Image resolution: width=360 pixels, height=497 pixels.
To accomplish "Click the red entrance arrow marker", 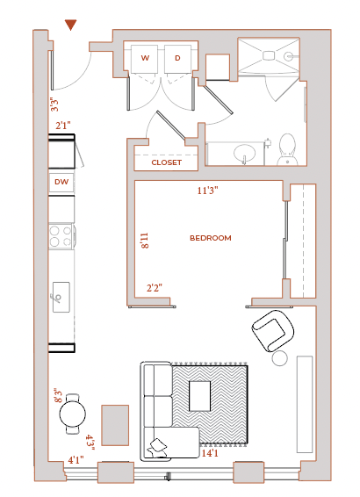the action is pyautogui.click(x=70, y=25).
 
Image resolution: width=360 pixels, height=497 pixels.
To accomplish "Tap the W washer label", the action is pyautogui.click(x=145, y=58).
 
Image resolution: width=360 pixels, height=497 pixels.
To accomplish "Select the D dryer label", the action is pyautogui.click(x=177, y=58).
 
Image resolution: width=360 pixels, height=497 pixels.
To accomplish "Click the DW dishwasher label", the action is pyautogui.click(x=61, y=182).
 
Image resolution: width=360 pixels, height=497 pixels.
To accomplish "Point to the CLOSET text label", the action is pyautogui.click(x=166, y=162).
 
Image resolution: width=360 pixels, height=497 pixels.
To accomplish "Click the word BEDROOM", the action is pyautogui.click(x=211, y=238).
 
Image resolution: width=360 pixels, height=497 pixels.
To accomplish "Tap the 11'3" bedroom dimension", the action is pyautogui.click(x=207, y=191).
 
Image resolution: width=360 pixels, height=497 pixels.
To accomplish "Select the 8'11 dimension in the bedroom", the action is pyautogui.click(x=145, y=241).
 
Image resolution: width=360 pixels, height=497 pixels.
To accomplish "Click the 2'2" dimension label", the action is pyautogui.click(x=155, y=288).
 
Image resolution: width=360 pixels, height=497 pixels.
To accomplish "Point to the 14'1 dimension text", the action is pyautogui.click(x=210, y=453).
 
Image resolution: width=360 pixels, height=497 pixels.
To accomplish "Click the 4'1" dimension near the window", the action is pyautogui.click(x=76, y=460).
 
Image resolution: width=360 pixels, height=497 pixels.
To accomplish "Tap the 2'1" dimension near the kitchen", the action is pyautogui.click(x=63, y=126).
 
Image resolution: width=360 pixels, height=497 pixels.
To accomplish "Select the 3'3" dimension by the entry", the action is pyautogui.click(x=54, y=104).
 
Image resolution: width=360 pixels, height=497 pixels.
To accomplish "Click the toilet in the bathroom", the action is pyautogui.click(x=287, y=149).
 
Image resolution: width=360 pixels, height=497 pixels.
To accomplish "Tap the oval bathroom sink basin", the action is pyautogui.click(x=245, y=153).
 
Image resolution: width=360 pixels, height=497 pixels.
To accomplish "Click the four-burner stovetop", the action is pyautogui.click(x=61, y=236).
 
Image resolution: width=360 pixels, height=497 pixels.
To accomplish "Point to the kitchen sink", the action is pyautogui.click(x=61, y=298).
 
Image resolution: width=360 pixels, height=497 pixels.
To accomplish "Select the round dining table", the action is pyautogui.click(x=73, y=414).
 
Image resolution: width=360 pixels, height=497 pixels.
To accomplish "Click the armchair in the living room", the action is pyautogui.click(x=273, y=330).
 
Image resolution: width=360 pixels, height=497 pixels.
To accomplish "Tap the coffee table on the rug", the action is pyautogui.click(x=199, y=396).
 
